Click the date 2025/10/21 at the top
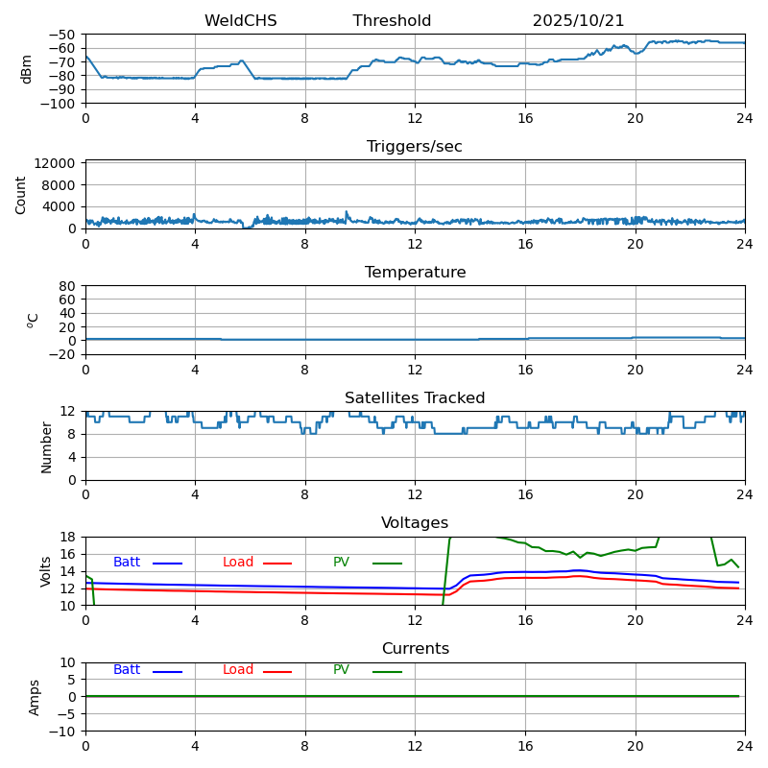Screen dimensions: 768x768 (x=578, y=21)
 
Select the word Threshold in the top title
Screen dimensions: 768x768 (x=392, y=21)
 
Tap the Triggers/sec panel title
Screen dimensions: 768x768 (x=415, y=147)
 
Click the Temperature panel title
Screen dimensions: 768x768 (x=415, y=273)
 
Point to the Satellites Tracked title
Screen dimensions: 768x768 (x=415, y=398)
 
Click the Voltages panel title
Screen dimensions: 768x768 (x=415, y=523)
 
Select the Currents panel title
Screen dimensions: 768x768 (x=415, y=649)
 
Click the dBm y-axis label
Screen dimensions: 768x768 (x=26, y=69)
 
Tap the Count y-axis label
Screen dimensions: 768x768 (x=21, y=194)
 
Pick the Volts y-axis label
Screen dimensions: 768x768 (x=46, y=571)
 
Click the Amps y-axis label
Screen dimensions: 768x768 (x=35, y=697)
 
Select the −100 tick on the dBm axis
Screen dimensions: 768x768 (x=60, y=103)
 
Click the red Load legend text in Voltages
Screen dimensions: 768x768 (x=238, y=563)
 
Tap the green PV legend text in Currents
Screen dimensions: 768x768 (x=341, y=670)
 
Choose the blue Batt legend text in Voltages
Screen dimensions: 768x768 (x=127, y=563)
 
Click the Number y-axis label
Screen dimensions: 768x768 (x=46, y=446)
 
